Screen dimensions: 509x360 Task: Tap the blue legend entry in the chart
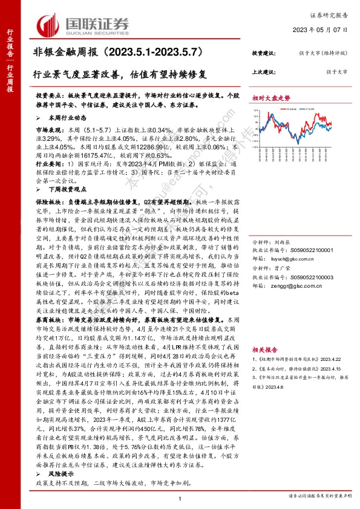(309, 109)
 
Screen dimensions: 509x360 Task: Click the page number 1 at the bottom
(180, 498)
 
